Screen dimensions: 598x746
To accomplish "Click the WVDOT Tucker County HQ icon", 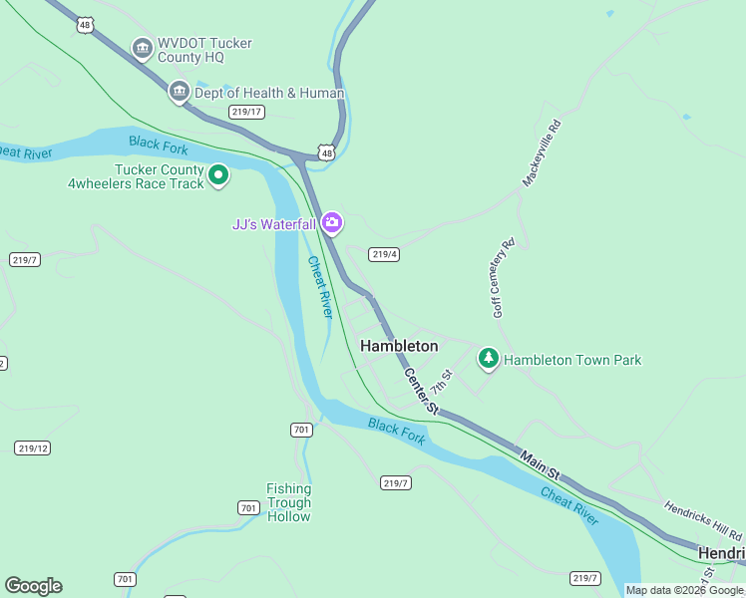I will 142,48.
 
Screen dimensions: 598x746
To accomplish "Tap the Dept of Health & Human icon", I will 180,93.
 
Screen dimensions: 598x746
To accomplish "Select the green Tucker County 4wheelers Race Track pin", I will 218,176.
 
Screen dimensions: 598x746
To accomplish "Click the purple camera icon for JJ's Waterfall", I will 331,223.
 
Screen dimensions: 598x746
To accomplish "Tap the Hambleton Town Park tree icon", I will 488,358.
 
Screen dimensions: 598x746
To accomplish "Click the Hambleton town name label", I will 399,346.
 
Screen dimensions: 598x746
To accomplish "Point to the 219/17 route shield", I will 247,112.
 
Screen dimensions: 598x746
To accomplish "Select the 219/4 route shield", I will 384,254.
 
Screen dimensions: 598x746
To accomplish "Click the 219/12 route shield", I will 32,448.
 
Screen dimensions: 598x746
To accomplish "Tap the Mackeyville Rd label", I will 543,153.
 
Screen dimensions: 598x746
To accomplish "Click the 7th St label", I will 442,380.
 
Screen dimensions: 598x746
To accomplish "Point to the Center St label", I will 421,391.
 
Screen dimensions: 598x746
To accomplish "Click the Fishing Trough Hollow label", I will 288,502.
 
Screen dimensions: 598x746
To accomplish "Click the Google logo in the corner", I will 33,586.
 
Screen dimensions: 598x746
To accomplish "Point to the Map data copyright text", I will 684,590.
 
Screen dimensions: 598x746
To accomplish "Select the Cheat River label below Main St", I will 569,506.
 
